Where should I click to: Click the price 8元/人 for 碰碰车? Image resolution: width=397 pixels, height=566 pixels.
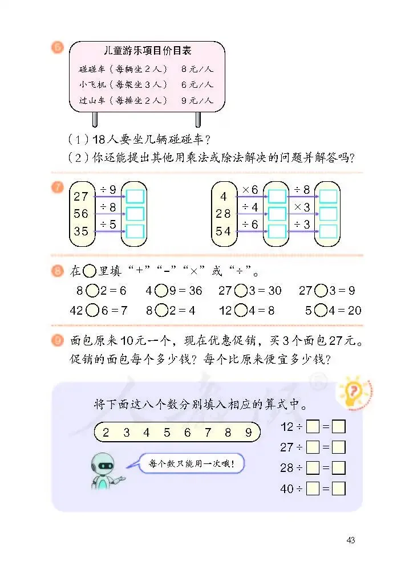click(197, 69)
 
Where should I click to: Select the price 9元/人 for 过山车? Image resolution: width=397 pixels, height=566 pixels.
click(197, 100)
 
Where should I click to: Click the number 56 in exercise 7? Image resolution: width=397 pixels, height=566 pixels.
click(81, 213)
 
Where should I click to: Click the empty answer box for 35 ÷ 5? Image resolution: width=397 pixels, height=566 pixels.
click(135, 231)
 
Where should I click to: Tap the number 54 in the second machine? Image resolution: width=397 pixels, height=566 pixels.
click(224, 231)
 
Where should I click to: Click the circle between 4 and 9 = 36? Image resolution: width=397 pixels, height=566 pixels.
click(161, 291)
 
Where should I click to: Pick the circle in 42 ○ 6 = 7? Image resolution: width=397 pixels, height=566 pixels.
click(92, 311)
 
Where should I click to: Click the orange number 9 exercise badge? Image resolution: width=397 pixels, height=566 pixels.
click(58, 341)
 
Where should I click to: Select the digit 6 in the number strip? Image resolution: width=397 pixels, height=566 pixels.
click(187, 433)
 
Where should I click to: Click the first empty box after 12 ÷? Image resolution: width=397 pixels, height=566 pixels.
click(313, 426)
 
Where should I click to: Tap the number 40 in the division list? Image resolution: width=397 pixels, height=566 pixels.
click(286, 488)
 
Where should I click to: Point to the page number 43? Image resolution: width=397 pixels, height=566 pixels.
click(350, 540)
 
